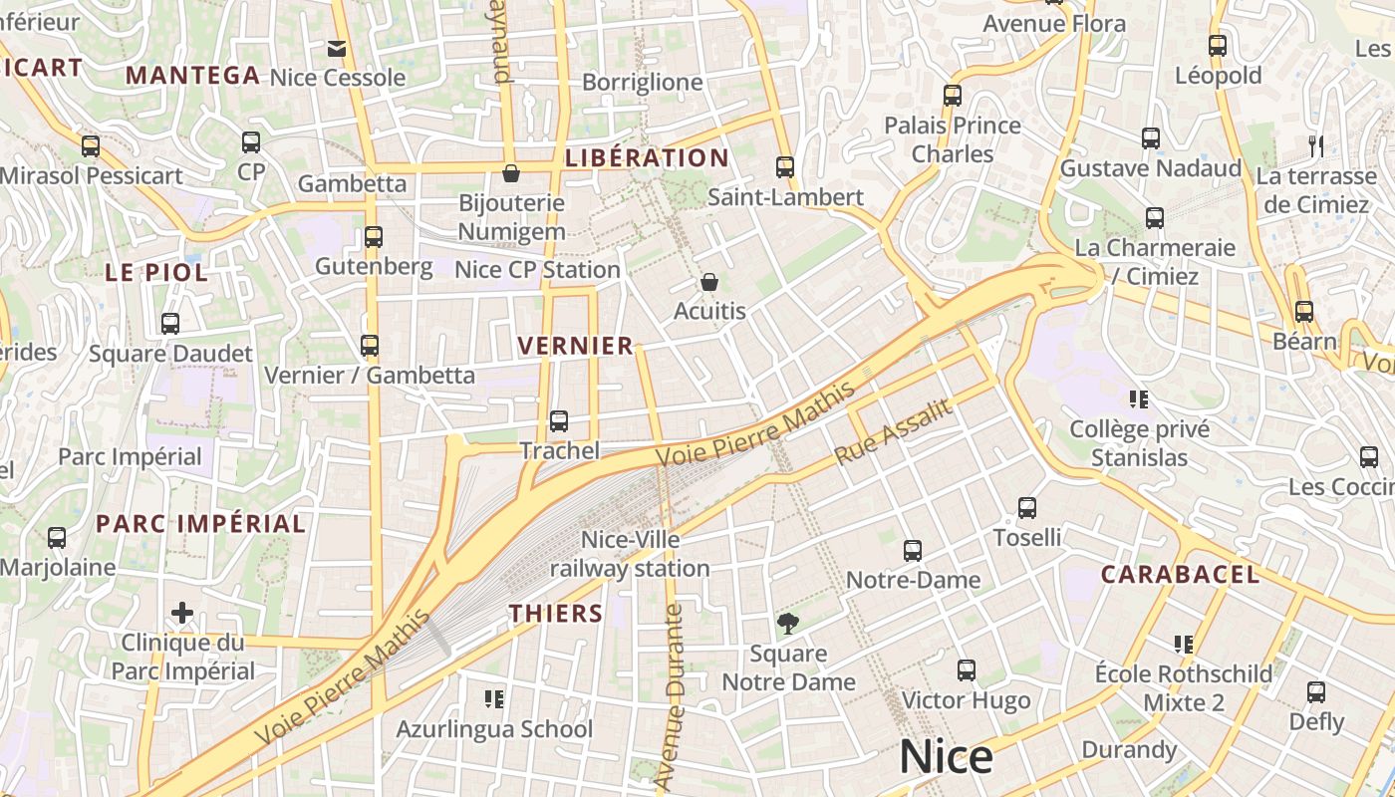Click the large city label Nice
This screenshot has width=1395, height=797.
[x=946, y=757]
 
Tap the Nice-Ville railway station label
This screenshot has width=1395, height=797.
[x=630, y=554]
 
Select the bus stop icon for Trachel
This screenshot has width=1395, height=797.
[x=559, y=421]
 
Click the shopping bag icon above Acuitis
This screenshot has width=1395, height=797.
[x=709, y=282]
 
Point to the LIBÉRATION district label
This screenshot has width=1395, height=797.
[x=647, y=157]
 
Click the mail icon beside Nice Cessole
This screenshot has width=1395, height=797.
[x=336, y=48]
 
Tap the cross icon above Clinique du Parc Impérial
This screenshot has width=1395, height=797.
[x=182, y=612]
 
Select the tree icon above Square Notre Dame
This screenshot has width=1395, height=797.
[x=788, y=624]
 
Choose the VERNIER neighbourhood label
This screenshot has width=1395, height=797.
[x=576, y=346]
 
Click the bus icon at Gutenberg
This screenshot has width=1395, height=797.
[x=374, y=237]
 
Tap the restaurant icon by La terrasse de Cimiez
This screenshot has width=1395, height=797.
[x=1316, y=146]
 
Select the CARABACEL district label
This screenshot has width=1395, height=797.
[x=1180, y=574]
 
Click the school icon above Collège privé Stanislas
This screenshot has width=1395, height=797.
[x=1139, y=399]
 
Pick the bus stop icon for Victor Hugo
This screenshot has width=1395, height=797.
[x=966, y=670]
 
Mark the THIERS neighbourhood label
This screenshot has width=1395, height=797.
[x=556, y=613]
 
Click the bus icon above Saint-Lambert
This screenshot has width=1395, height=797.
[x=785, y=167]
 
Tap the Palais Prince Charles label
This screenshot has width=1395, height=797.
[x=953, y=139]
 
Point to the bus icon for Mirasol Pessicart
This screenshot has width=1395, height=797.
[x=91, y=146]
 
